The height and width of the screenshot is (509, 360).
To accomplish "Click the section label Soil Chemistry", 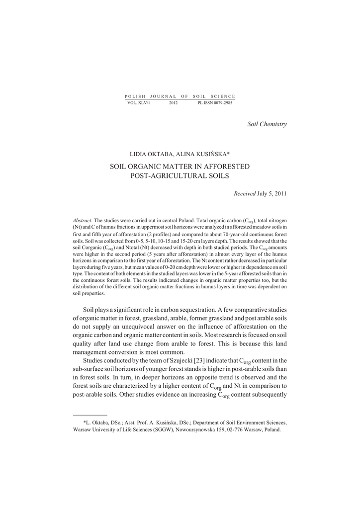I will click(x=267, y=124).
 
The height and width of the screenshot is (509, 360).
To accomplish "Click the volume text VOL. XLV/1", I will click(x=139, y=103).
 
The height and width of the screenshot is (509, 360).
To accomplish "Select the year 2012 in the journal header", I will click(x=173, y=103).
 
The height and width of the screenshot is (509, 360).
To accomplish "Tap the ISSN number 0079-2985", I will click(x=221, y=103).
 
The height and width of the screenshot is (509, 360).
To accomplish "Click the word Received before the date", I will click(x=244, y=193).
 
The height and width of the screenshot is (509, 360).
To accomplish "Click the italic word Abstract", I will click(x=83, y=220).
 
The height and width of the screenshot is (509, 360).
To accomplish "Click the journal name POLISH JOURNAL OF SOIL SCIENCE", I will click(x=180, y=96).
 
